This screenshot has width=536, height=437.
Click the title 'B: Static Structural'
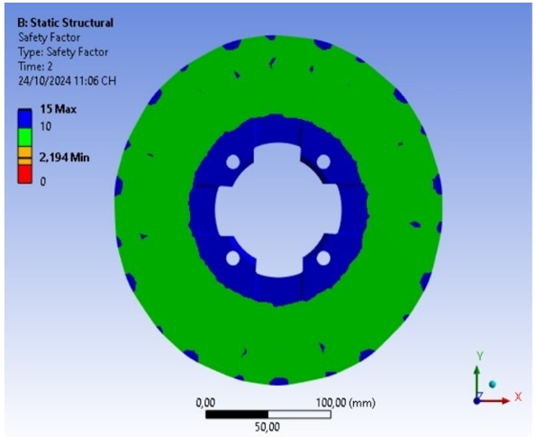coord(65,23)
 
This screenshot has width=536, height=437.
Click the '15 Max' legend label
coord(59,109)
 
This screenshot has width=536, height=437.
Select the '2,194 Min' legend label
coord(64,158)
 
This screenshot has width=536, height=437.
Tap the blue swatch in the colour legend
coord(25,118)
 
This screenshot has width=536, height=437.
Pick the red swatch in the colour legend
coord(25,174)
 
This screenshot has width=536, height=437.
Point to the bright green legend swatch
coord(25,138)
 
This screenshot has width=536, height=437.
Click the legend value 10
coord(46,127)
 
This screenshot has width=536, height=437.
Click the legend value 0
coord(42,182)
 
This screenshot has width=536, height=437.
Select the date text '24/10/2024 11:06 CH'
coord(67,81)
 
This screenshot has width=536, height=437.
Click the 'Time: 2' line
coord(35,67)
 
